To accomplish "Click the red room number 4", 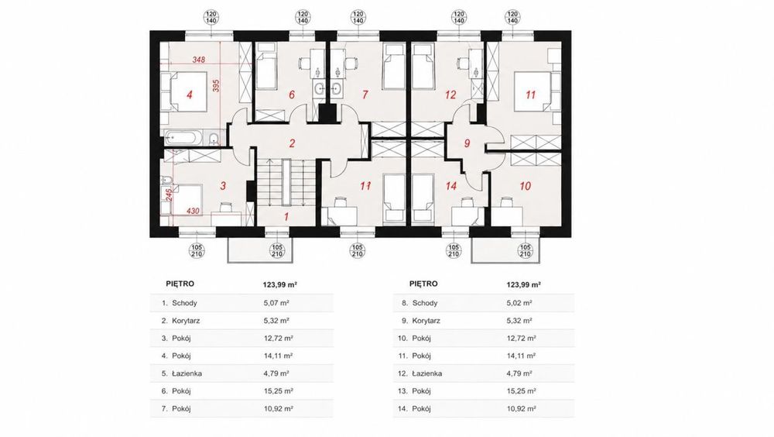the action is [x=190, y=95].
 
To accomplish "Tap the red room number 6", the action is [x=292, y=95].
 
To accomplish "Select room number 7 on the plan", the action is [x=365, y=95].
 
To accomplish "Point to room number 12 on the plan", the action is [x=450, y=95].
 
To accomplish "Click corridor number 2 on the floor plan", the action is [x=293, y=144].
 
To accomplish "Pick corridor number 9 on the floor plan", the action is [x=467, y=144].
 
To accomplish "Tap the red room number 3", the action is [x=223, y=187].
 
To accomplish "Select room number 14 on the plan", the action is [x=450, y=187].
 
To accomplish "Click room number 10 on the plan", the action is [x=526, y=187].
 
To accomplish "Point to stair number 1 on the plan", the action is [x=286, y=216].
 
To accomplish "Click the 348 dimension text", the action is [x=199, y=60].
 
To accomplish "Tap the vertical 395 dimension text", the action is [x=216, y=85].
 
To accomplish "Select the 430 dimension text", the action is [x=193, y=211].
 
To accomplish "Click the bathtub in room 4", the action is [x=183, y=136].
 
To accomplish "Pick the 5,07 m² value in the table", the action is [x=276, y=303].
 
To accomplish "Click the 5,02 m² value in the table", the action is [x=519, y=303].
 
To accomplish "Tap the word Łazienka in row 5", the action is [x=187, y=373].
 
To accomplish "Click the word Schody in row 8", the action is [x=425, y=303].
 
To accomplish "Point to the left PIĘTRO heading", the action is [x=180, y=284].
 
